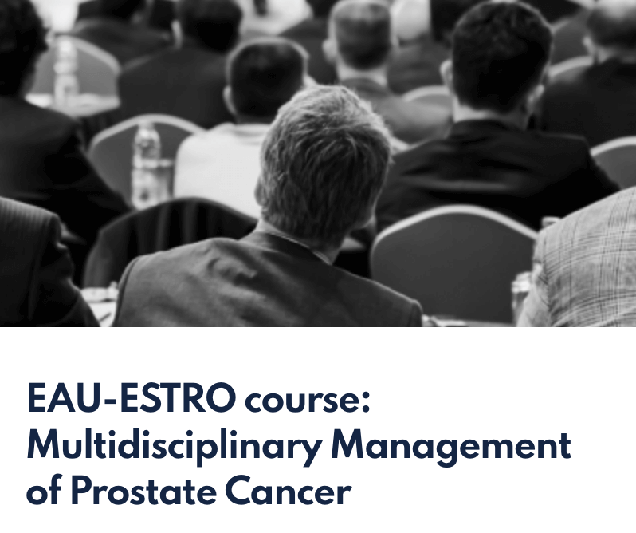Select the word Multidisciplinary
coord(174,446)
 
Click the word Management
coord(450,446)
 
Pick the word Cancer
coord(288,490)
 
